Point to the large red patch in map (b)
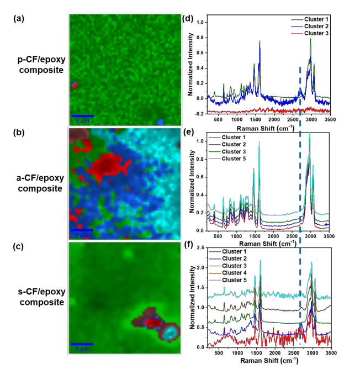(110, 164)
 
